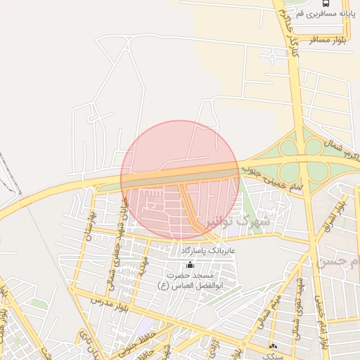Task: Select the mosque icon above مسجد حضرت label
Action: click(189, 264)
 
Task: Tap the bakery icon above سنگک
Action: click(274, 345)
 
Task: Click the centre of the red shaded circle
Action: click(181, 180)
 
